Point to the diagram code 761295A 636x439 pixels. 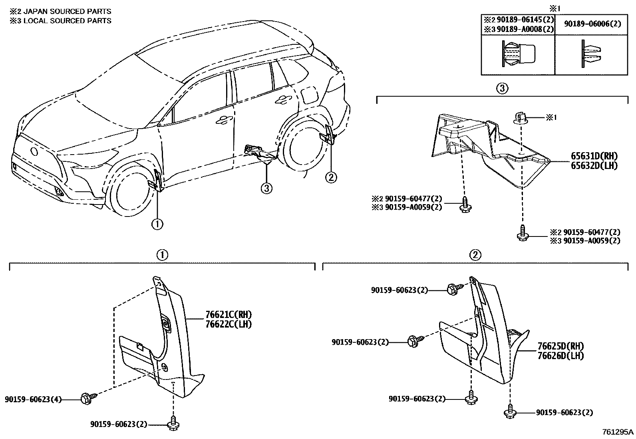(x=618, y=432)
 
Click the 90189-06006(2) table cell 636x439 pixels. (x=592, y=24)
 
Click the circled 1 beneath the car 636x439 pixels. (x=157, y=224)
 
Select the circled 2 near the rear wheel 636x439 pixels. (x=331, y=177)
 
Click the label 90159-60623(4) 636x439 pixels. (x=34, y=399)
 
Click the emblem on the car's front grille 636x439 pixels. (x=33, y=151)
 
